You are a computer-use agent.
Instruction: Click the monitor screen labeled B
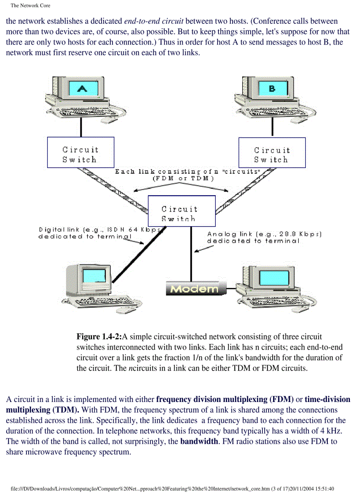click(x=271, y=89)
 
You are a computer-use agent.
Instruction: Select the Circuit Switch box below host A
click(x=80, y=153)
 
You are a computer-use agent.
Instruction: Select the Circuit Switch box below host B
click(x=272, y=153)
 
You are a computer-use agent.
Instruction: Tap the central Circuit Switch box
click(x=181, y=211)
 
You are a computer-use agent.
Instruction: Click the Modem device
click(x=195, y=288)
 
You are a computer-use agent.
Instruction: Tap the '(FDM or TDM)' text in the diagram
click(x=183, y=179)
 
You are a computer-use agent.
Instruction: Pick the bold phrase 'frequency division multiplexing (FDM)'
click(x=225, y=399)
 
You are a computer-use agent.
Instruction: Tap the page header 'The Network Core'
click(x=30, y=6)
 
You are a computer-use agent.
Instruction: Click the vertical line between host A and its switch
click(x=81, y=127)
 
